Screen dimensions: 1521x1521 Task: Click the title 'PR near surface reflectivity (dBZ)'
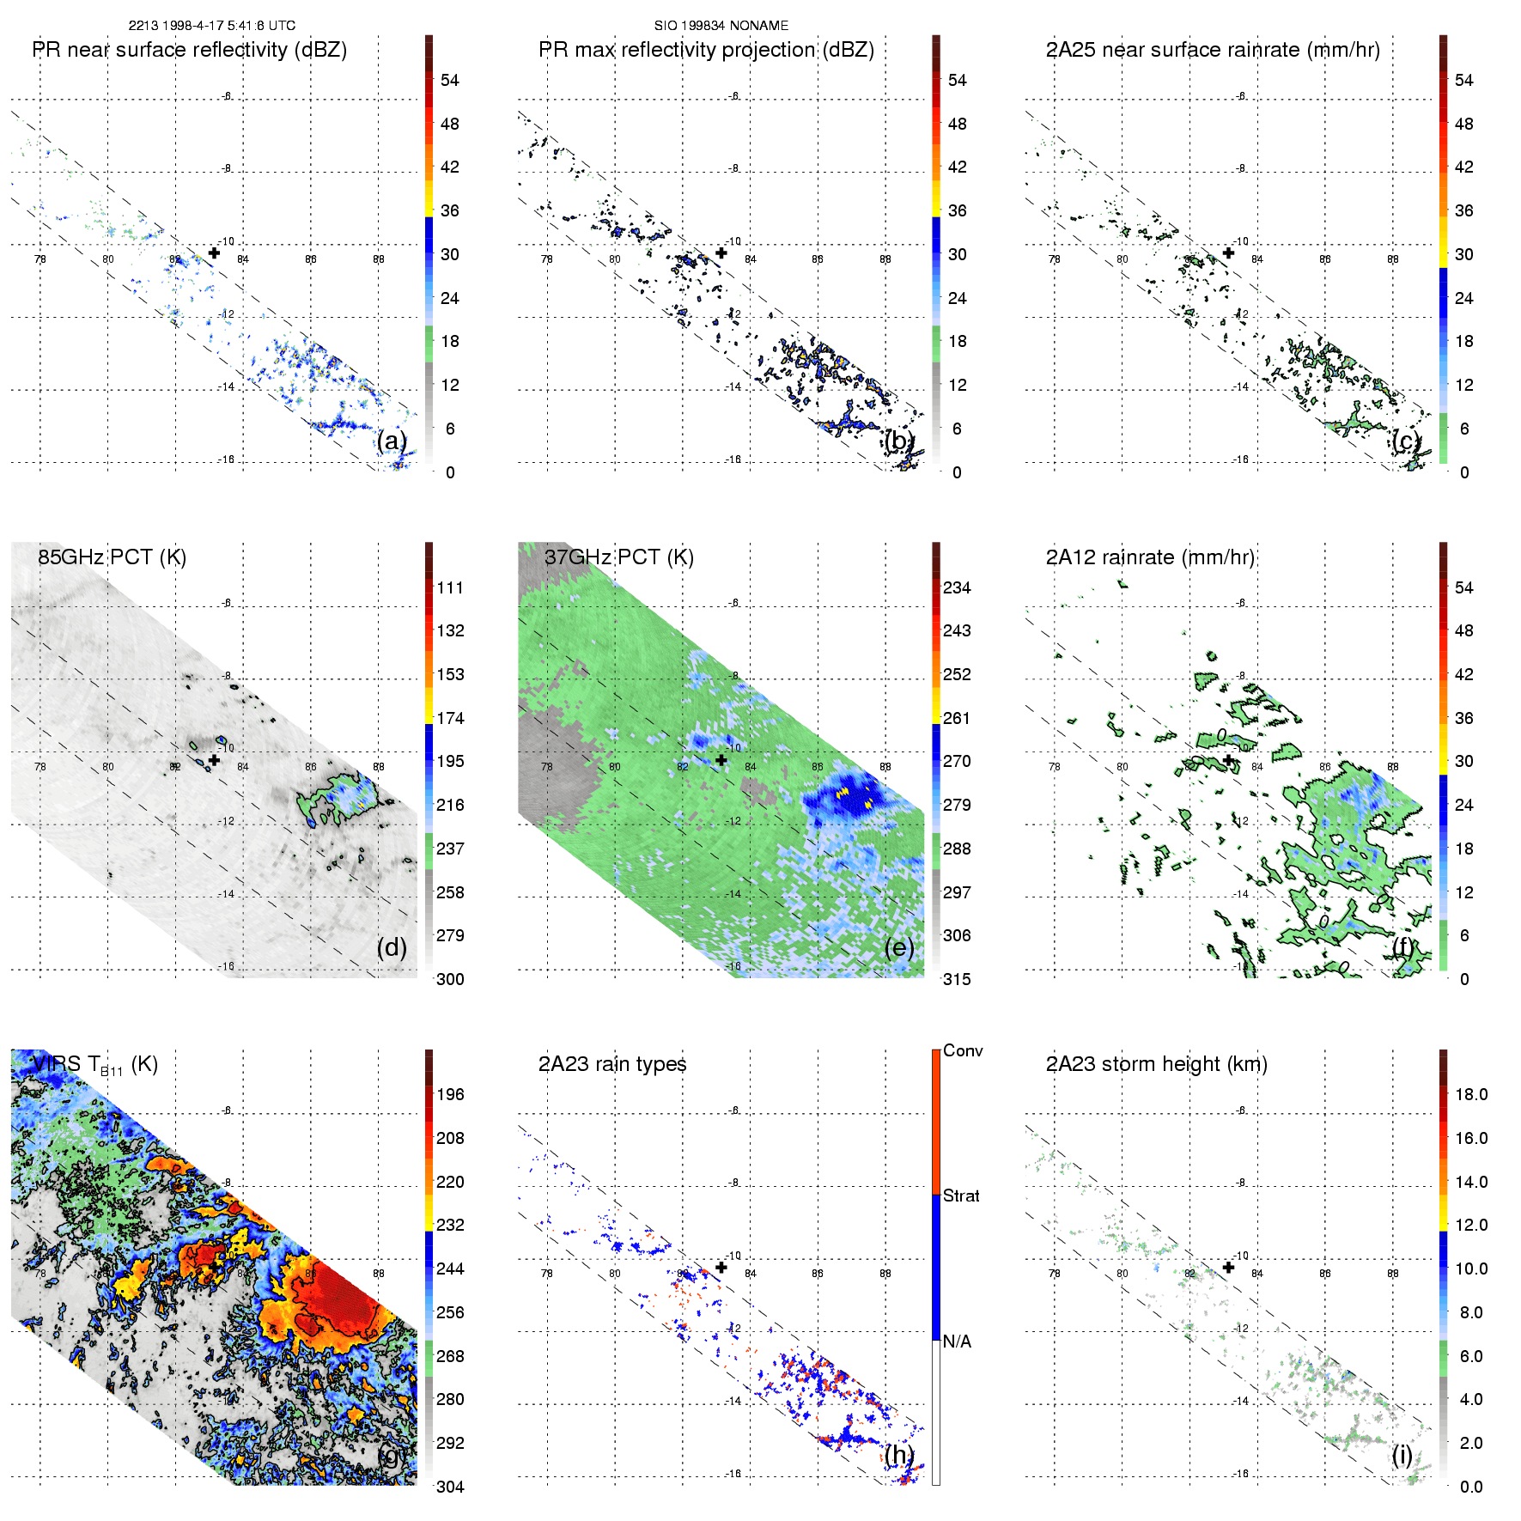(189, 50)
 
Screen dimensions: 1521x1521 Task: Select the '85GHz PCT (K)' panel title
(112, 557)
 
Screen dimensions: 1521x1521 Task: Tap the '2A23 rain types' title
(612, 1064)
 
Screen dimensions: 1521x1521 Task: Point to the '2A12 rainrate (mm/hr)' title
(1150, 557)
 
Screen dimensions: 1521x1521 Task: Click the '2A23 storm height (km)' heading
(1156, 1064)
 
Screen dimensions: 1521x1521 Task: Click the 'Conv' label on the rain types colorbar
(963, 1050)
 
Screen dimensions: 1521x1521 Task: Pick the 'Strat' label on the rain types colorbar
(961, 1196)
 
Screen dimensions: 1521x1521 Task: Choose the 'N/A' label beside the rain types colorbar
(957, 1342)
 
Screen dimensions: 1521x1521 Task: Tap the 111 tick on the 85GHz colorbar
(450, 587)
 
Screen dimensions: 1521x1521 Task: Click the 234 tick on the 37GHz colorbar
(957, 587)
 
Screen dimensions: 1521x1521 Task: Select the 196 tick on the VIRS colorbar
(450, 1094)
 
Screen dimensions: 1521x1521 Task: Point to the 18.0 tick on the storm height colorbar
(1471, 1094)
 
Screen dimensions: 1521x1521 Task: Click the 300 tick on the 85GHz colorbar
(450, 979)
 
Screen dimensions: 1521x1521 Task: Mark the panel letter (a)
(392, 441)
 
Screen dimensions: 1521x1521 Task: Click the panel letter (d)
(392, 947)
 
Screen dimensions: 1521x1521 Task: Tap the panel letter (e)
(899, 947)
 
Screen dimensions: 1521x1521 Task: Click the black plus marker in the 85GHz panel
(214, 760)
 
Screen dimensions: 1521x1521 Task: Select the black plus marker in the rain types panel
(721, 1267)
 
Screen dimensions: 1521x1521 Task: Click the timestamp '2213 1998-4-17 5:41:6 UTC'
(211, 26)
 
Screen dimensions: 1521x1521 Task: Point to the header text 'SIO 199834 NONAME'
(721, 26)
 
